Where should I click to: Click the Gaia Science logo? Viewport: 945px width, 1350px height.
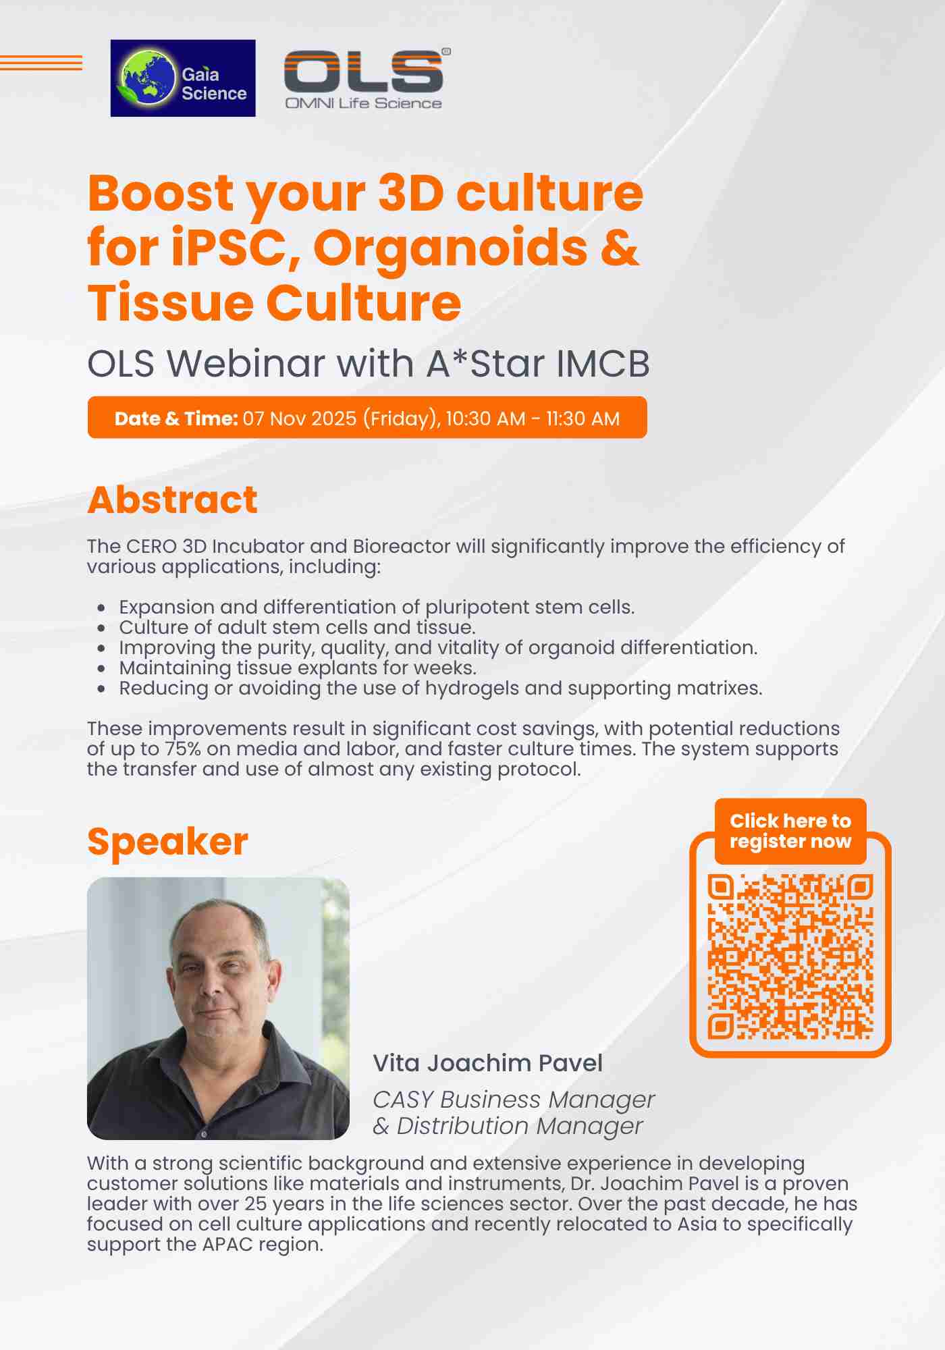click(x=183, y=78)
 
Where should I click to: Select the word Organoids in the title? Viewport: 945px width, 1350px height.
click(x=450, y=247)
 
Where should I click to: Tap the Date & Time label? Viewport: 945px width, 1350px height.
click(x=176, y=418)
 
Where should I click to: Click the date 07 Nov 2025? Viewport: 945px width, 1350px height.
click(x=300, y=418)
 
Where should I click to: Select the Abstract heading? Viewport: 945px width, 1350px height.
click(x=172, y=500)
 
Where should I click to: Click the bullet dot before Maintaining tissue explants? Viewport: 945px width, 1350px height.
click(x=101, y=668)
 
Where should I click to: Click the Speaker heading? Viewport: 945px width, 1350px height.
click(x=168, y=842)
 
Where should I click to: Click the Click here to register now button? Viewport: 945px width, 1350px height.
click(x=790, y=831)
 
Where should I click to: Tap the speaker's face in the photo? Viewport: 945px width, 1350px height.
click(x=221, y=965)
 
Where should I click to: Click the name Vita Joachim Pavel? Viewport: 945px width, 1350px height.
click(x=487, y=1063)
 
